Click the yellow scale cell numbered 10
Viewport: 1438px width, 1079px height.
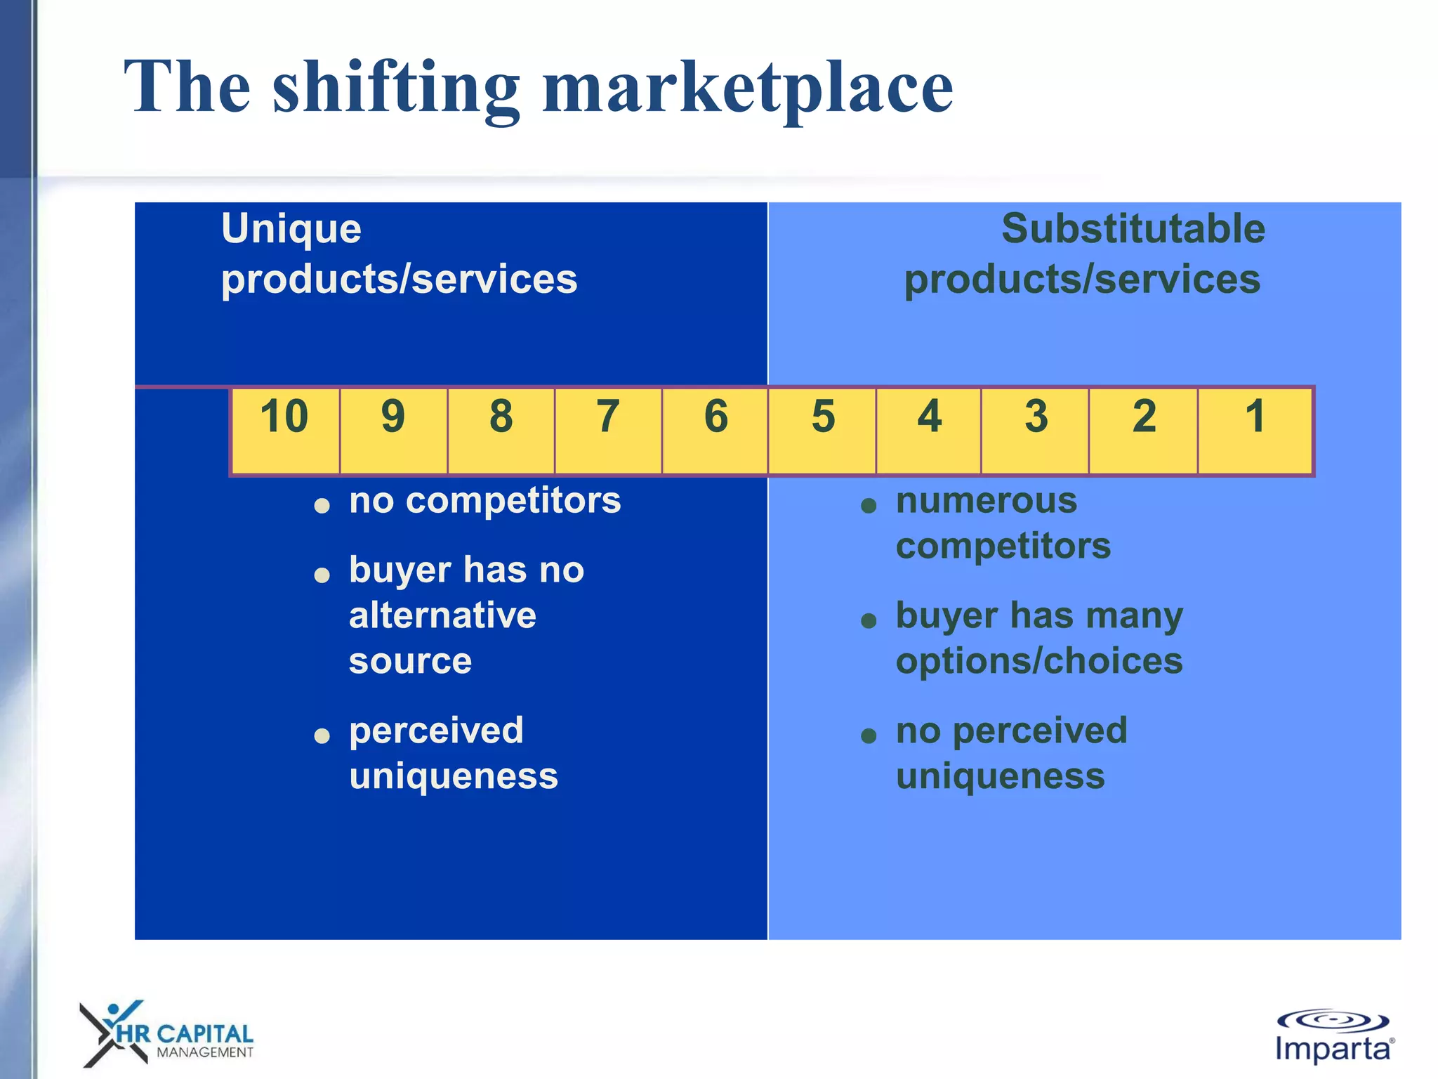285,430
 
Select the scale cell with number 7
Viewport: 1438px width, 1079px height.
608,430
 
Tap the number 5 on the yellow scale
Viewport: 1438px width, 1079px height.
823,417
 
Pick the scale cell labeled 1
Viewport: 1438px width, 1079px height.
1255,430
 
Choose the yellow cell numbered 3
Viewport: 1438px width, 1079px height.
1035,430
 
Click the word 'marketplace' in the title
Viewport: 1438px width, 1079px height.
748,88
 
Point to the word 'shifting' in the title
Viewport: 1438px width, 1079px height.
396,88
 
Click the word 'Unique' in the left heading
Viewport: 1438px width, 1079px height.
291,229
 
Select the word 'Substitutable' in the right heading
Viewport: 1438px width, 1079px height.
1133,229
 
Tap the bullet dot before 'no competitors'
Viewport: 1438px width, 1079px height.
322,506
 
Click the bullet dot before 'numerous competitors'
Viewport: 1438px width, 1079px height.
869,506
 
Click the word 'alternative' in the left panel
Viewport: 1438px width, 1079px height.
442,615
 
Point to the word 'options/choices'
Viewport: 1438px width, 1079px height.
1039,661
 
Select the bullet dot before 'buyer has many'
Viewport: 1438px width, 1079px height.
869,621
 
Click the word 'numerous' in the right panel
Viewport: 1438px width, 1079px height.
986,501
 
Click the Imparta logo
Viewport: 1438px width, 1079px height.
1333,1037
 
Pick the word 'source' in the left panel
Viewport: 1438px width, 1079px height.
410,661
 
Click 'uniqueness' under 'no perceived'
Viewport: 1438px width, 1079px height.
1000,776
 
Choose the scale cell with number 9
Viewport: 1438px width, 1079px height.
393,430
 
